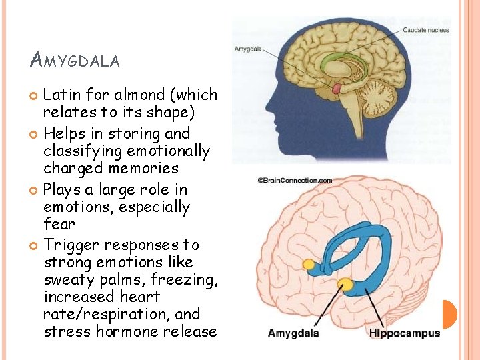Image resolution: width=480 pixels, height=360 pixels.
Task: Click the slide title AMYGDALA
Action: point(75,61)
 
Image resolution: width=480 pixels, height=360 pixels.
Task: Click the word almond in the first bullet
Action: point(145,96)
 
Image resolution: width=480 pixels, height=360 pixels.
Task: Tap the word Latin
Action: point(61,96)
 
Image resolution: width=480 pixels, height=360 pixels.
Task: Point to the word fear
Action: point(59,224)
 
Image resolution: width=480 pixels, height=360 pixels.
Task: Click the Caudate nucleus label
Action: point(425,30)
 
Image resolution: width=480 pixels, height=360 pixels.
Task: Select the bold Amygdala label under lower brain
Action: point(293,333)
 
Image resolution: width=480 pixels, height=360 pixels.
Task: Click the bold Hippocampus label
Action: point(405,333)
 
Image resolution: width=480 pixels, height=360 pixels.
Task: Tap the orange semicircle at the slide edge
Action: point(450,314)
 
